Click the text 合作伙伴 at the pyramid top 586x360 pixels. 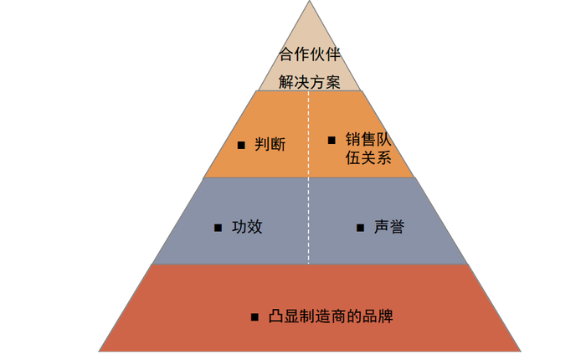310,56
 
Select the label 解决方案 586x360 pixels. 310,82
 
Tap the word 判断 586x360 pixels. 270,144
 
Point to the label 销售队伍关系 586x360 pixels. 368,148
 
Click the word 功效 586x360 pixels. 247,226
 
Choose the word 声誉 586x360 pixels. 389,226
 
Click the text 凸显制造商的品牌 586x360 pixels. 331,316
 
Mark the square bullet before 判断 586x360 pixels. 241,145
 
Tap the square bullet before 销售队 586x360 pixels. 331,139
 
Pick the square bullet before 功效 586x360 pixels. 217,227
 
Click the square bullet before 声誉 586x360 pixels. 360,227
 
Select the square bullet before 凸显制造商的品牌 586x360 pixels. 254,317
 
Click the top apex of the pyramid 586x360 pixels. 310,3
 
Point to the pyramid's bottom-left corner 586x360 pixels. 100,350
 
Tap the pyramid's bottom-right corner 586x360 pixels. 520,350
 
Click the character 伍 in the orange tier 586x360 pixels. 352,157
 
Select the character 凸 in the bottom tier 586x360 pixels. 276,316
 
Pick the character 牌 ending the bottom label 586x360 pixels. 385,316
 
